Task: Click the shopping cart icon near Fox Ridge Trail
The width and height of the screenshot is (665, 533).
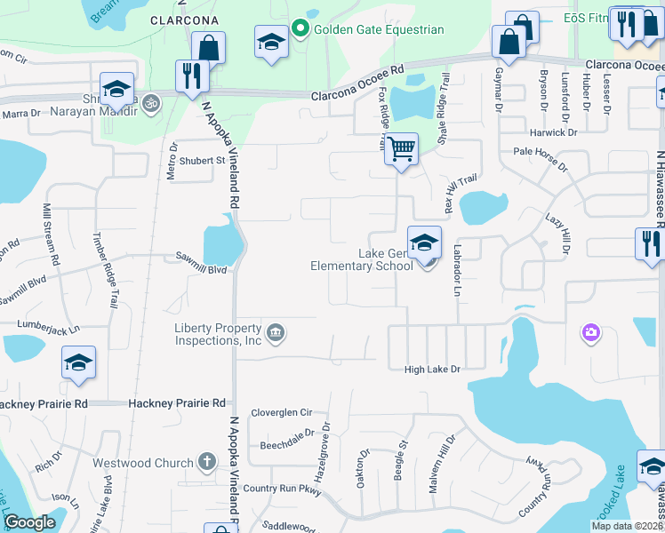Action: pyautogui.click(x=402, y=148)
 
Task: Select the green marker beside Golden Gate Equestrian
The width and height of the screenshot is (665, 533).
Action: pyautogui.click(x=300, y=29)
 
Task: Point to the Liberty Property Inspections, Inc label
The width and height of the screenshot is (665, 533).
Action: pyautogui.click(x=219, y=333)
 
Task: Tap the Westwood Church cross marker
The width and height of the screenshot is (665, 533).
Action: pyautogui.click(x=206, y=462)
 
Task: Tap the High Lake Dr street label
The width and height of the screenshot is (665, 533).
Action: pyautogui.click(x=432, y=369)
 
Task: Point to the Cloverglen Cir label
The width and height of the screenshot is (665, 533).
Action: pyautogui.click(x=282, y=412)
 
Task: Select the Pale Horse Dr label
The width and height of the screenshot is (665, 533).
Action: pyautogui.click(x=542, y=152)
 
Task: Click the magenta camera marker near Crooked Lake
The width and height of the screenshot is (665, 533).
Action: pyautogui.click(x=590, y=333)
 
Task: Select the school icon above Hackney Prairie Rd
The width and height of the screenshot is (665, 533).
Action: pyautogui.click(x=78, y=362)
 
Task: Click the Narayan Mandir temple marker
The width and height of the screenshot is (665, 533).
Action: pyautogui.click(x=151, y=101)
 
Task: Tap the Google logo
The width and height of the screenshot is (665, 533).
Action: pyautogui.click(x=29, y=523)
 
